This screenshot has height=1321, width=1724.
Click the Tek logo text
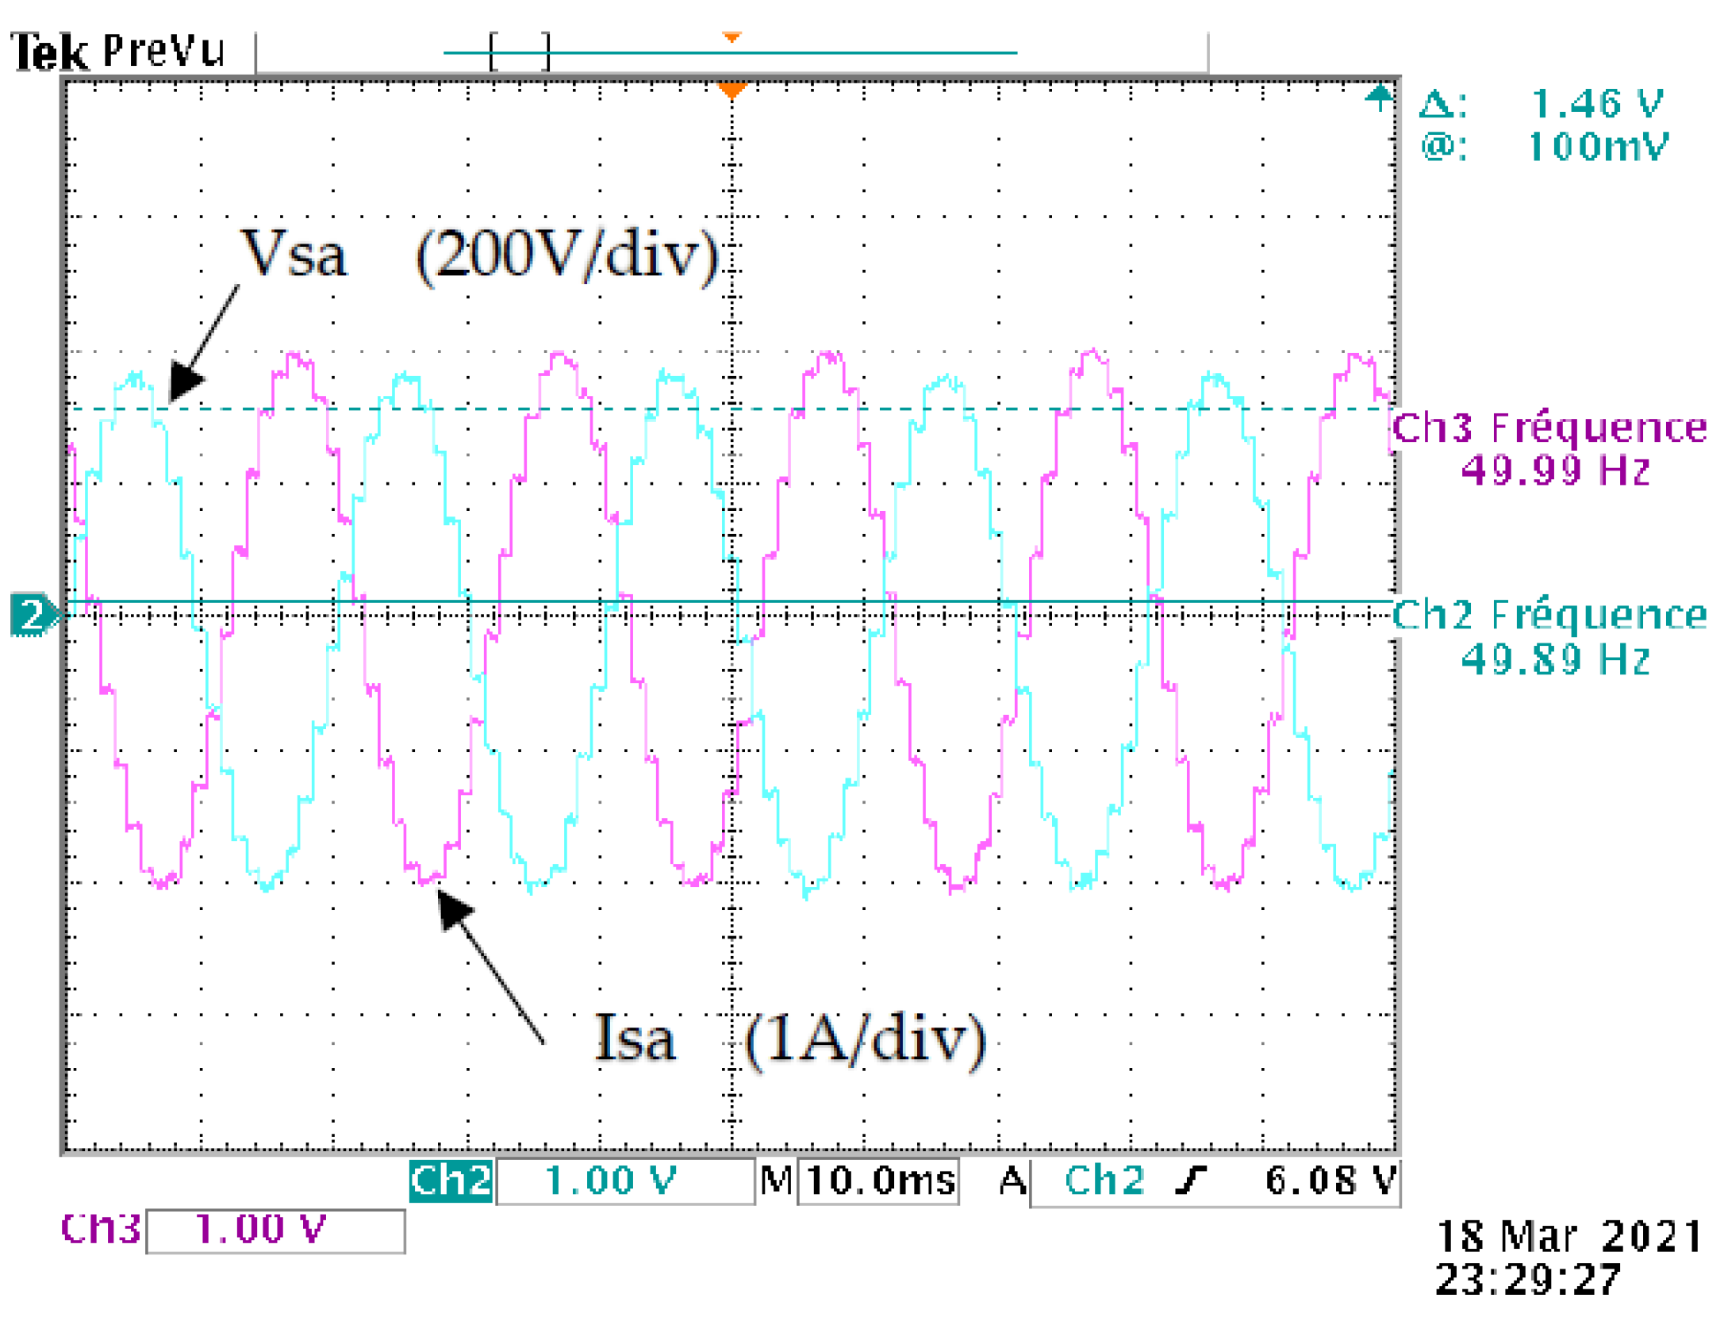pos(49,53)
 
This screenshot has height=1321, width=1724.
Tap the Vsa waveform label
pos(294,254)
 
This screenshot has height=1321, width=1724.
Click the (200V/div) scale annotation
pos(567,255)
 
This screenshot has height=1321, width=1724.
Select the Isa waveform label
pos(635,1039)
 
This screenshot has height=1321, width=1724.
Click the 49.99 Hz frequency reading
pos(1555,470)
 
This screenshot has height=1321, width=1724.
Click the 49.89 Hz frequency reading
pos(1555,659)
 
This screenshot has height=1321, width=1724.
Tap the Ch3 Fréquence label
pos(1549,428)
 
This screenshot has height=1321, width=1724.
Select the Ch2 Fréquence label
pos(1549,615)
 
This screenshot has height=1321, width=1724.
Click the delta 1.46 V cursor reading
pos(1595,104)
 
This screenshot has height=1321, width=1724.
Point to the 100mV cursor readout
pos(1596,147)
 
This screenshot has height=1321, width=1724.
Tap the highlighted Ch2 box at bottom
pos(450,1181)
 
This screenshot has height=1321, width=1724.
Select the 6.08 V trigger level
pos(1329,1181)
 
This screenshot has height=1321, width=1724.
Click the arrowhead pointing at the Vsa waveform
pos(185,381)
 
